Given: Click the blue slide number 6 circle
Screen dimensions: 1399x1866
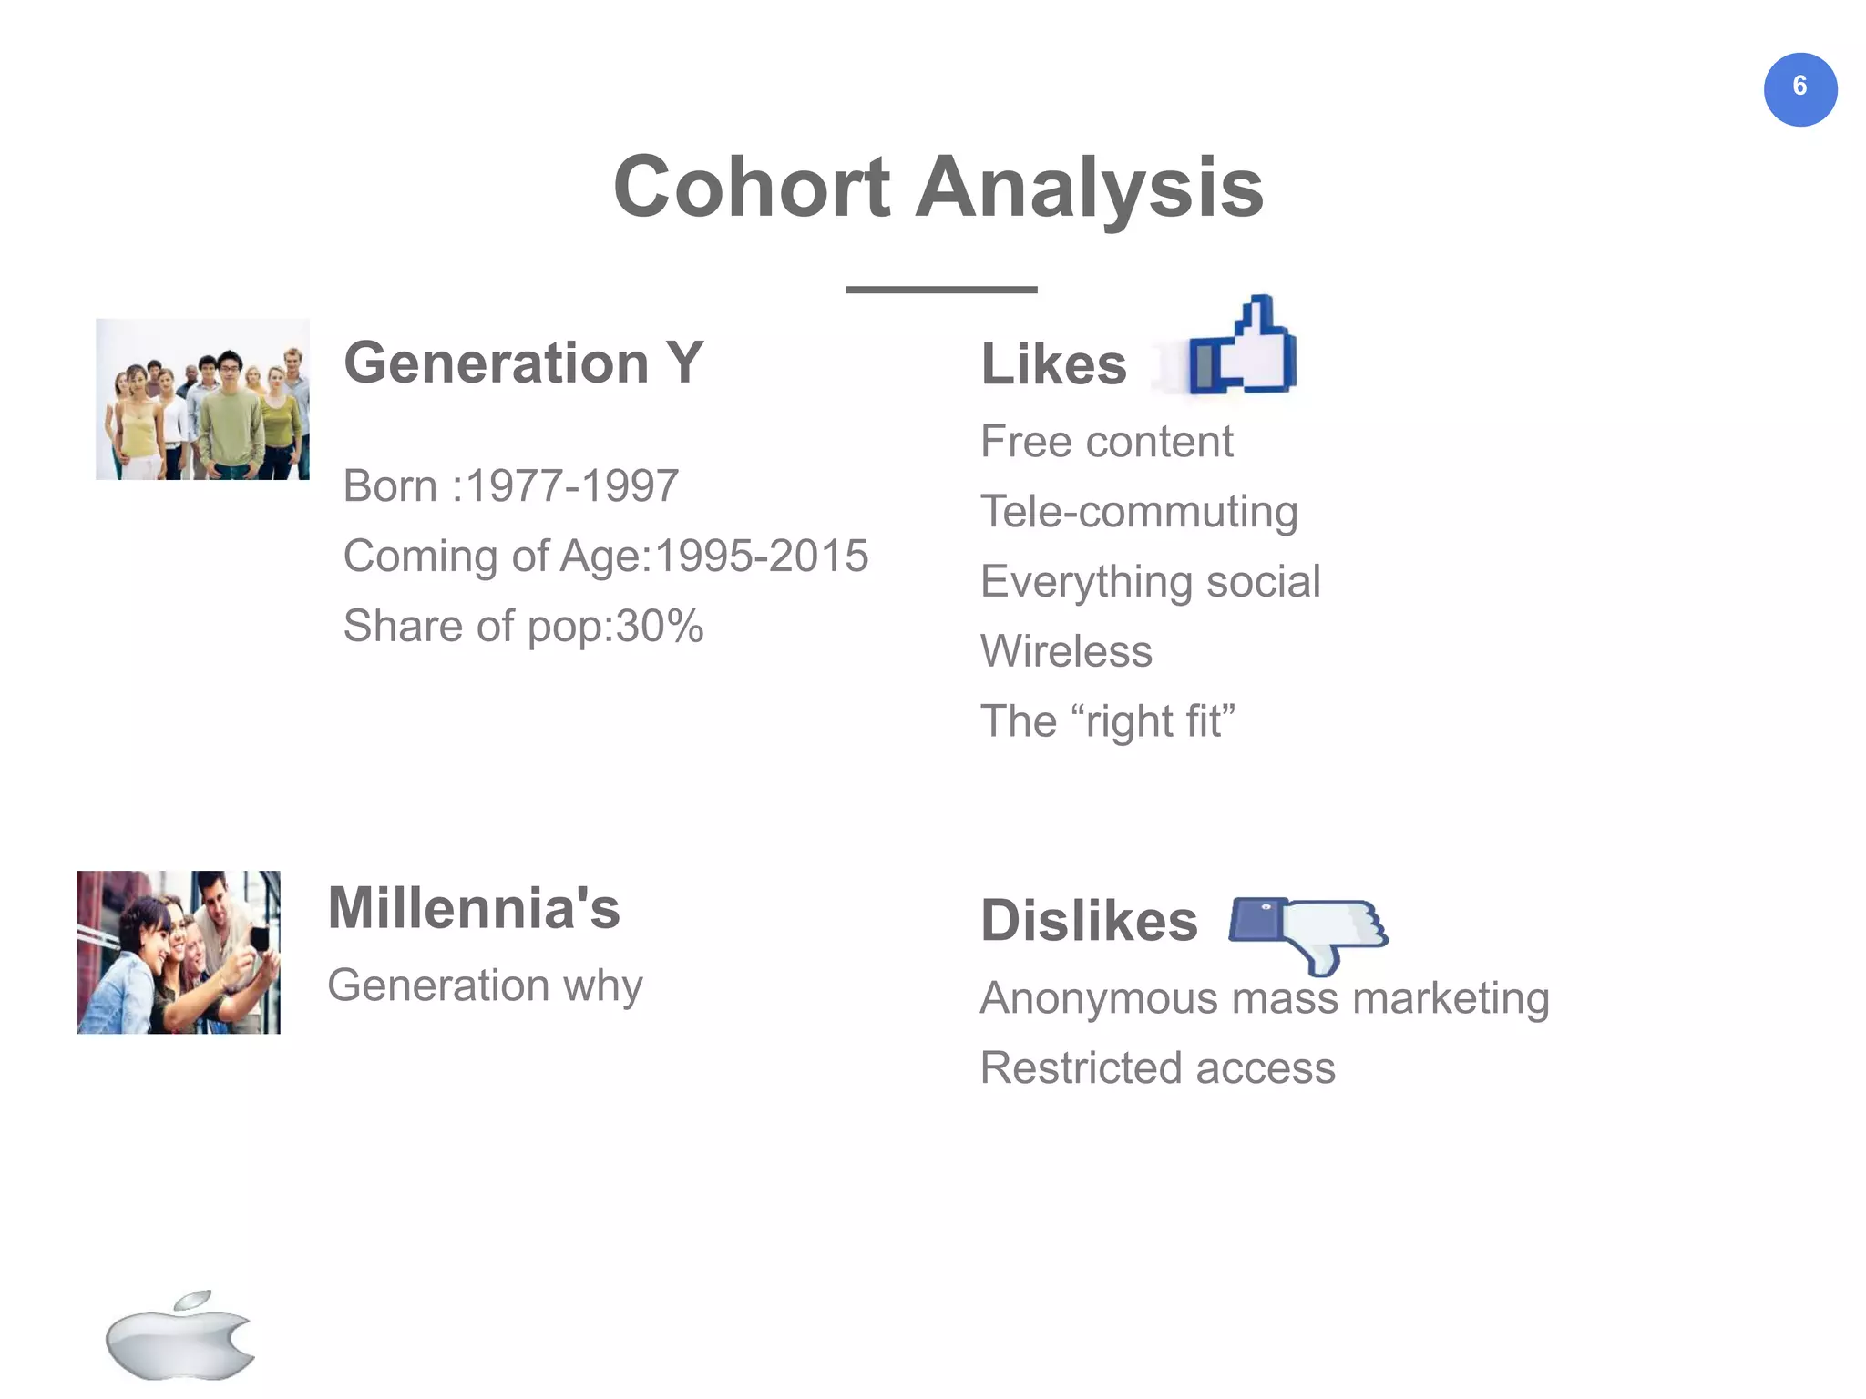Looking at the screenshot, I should (x=1799, y=89).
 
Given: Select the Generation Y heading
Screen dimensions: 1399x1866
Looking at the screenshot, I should (x=523, y=363).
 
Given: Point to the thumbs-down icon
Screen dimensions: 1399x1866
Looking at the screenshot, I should (x=1308, y=931).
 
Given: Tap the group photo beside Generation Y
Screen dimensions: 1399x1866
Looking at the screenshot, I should (x=202, y=399).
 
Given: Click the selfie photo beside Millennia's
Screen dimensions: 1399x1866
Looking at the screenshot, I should (x=179, y=952).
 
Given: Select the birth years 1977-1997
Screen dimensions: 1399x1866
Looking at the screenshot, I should (x=572, y=485).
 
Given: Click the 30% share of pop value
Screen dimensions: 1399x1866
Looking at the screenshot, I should (x=660, y=627).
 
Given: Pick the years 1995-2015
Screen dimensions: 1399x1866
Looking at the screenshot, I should (x=762, y=556).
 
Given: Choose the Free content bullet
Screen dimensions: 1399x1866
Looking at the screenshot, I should (x=1106, y=442).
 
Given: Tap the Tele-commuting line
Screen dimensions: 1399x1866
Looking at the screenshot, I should (x=1139, y=512).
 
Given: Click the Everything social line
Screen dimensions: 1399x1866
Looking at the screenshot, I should (x=1150, y=582).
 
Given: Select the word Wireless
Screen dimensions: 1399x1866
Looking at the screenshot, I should (x=1066, y=652).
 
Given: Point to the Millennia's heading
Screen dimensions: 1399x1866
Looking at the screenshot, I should (x=474, y=909).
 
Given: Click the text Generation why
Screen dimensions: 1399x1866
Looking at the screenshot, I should (x=485, y=985).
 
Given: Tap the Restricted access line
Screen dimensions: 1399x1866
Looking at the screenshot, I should (x=1157, y=1068).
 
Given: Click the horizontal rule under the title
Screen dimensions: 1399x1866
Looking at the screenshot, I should (x=941, y=290).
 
